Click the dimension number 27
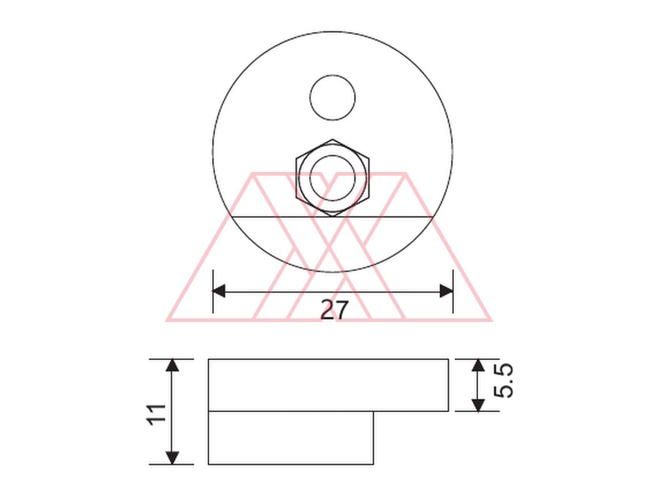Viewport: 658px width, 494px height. pos(334,310)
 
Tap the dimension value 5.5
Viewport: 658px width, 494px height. pos(503,381)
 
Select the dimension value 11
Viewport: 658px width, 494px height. pos(157,415)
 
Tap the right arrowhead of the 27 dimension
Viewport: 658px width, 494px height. pos(447,291)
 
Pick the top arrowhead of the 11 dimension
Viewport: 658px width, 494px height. pos(172,365)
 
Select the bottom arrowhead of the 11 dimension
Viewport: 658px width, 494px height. pos(172,458)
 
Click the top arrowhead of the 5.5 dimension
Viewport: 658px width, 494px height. pos(478,365)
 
